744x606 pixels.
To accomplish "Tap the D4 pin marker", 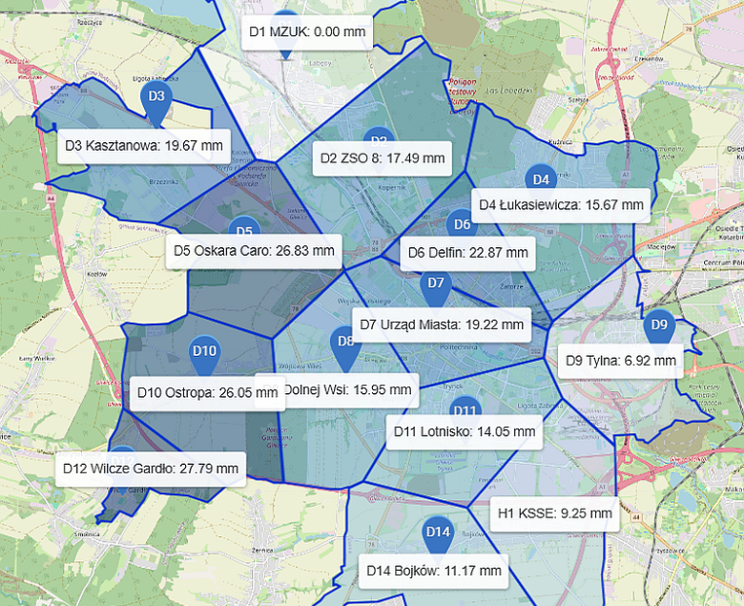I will (x=540, y=179).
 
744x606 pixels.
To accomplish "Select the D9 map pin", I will (x=659, y=325).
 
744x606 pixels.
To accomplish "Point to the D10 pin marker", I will (x=205, y=352).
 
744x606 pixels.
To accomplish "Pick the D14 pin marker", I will (x=438, y=533).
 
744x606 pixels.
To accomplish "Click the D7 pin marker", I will (x=436, y=284).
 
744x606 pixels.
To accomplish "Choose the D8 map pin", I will (x=345, y=343).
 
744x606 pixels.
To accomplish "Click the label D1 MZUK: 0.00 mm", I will (x=306, y=31).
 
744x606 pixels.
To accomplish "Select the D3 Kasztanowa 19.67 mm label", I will (x=144, y=146).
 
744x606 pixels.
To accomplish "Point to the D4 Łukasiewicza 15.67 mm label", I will (x=562, y=204).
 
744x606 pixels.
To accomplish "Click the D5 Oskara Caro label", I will (x=254, y=251).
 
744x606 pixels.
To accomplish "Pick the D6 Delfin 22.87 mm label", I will (x=467, y=253).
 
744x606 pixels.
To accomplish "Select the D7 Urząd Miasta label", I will (x=442, y=324).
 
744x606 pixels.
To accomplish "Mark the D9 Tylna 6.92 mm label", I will (x=620, y=361).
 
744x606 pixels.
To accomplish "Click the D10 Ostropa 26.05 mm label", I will (x=197, y=392).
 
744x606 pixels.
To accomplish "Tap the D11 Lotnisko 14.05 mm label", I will (x=465, y=431).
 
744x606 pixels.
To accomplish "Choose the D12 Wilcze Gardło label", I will (x=151, y=468).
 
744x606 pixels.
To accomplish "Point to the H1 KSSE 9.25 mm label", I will (x=554, y=512).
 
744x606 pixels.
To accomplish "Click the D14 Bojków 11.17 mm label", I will (x=434, y=571).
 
